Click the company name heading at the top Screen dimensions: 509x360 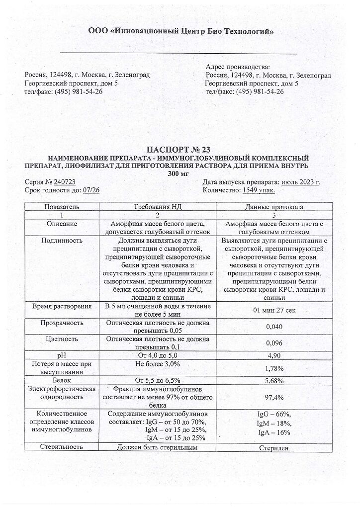180,31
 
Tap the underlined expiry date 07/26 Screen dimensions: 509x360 91,190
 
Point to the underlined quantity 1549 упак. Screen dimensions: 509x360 259,190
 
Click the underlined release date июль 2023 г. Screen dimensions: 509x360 300,182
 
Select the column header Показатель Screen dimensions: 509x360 62,206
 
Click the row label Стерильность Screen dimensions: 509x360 62,447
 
